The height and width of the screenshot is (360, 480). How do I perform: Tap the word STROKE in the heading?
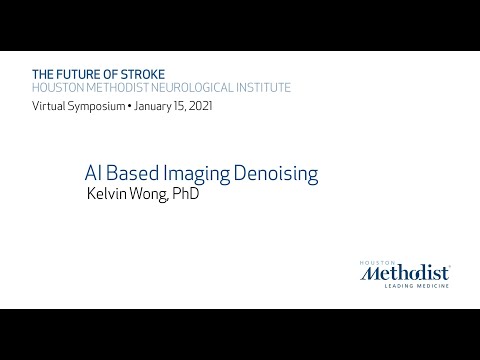tap(140, 73)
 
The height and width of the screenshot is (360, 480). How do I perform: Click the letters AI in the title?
tap(92, 173)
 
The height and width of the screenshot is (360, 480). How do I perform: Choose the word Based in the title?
tap(133, 173)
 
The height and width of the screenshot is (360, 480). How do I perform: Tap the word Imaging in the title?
tap(200, 174)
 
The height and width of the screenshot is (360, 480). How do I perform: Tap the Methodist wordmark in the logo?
tap(405, 270)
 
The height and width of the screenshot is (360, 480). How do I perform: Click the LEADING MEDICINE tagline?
tap(412, 285)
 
